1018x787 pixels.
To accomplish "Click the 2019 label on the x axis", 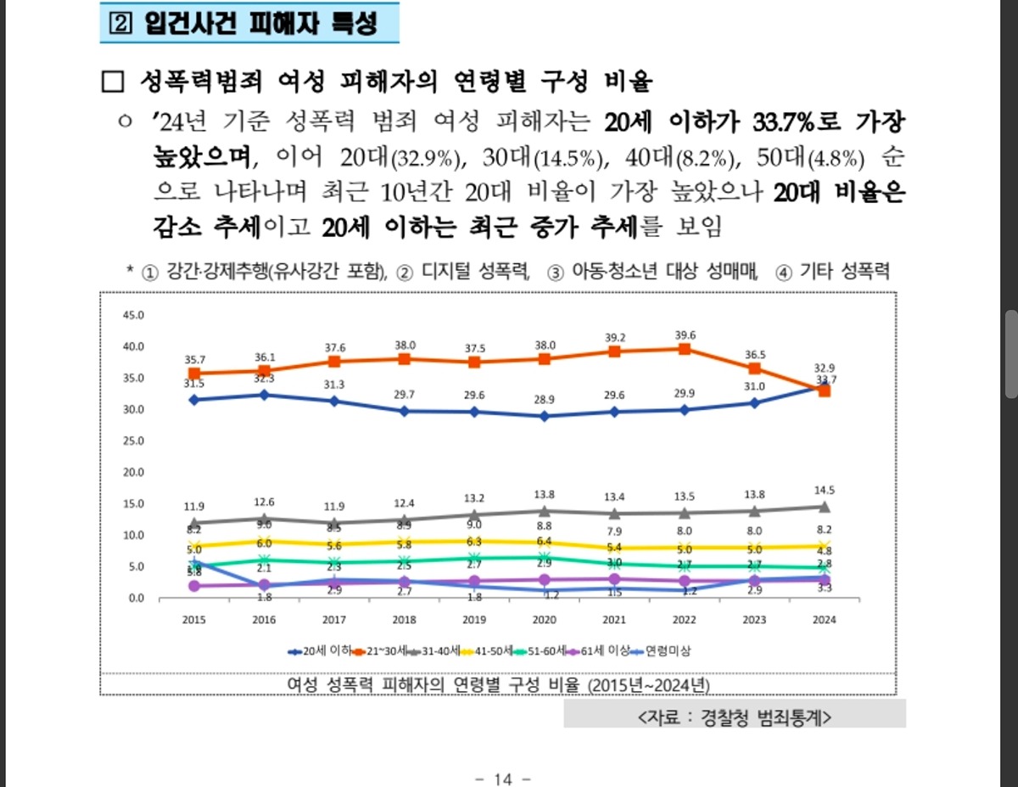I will click(473, 620).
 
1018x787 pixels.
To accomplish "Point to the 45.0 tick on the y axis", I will click(134, 315).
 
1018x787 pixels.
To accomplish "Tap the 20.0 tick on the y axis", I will click(134, 472).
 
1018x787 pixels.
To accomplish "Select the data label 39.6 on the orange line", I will click(685, 334).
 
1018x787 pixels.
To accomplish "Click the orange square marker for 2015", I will click(194, 374).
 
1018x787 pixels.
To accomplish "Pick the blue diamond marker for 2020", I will click(544, 416).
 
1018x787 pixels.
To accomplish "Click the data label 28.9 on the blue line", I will click(544, 399).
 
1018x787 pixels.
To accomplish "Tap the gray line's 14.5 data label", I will click(824, 491).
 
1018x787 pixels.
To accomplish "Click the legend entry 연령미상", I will click(666, 651).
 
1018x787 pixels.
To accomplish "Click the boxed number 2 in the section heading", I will click(116, 24).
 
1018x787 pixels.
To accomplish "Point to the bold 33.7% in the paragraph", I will click(786, 121).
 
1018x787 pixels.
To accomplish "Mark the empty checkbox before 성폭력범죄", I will click(112, 82).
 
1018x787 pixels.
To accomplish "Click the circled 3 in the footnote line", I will click(556, 273).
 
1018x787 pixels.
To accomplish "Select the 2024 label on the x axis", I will click(824, 620).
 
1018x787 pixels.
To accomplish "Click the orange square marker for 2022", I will click(684, 349).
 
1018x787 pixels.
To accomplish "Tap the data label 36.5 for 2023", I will click(754, 354).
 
